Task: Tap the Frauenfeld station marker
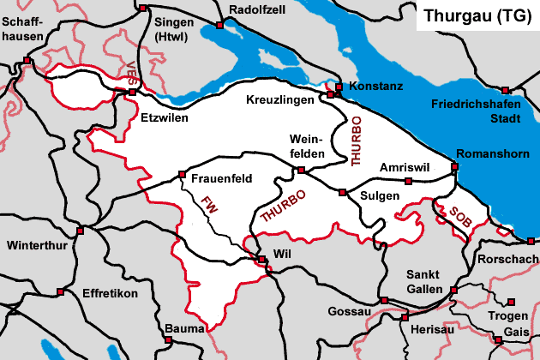point(182,175)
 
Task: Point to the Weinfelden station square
point(300,170)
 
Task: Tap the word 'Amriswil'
point(403,165)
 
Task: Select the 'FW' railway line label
point(208,206)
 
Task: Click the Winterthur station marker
point(80,231)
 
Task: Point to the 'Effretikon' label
point(110,292)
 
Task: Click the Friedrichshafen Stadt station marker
point(506,90)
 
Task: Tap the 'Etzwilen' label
point(163,117)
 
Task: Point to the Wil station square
point(261,260)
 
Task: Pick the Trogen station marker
point(512,301)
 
